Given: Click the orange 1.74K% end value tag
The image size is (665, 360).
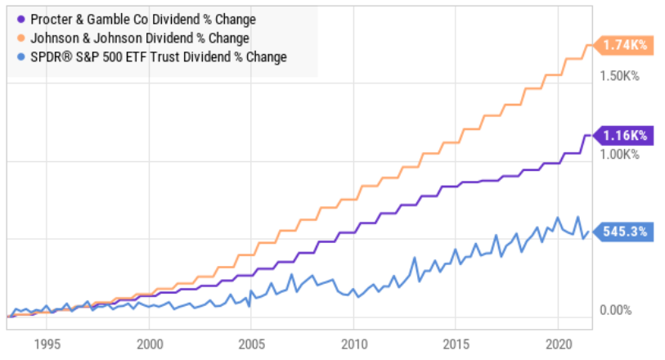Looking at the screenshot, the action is (x=623, y=45).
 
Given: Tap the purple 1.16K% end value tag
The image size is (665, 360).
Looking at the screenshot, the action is (x=623, y=136).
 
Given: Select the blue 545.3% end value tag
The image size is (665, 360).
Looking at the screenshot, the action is (x=623, y=232).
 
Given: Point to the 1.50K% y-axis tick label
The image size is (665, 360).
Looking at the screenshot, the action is (x=619, y=76).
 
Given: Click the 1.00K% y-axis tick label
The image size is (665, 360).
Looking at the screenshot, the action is (x=619, y=155).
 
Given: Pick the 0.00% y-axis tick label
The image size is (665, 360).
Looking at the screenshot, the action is (x=615, y=310).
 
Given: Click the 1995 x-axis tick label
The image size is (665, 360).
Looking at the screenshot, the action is (x=47, y=344).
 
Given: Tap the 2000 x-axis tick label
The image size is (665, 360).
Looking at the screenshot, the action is (x=150, y=344).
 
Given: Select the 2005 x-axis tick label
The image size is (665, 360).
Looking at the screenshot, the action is (x=251, y=344).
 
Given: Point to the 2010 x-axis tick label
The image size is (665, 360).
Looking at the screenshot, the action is (x=354, y=344).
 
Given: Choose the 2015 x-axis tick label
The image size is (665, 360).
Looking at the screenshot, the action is (x=456, y=344).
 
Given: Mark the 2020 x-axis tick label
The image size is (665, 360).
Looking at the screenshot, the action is (x=559, y=344).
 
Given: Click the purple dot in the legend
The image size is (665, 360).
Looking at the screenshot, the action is (x=20, y=20).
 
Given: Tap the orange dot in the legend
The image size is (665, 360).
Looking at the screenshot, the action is (x=20, y=38).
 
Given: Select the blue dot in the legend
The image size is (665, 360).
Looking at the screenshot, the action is (x=20, y=56).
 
